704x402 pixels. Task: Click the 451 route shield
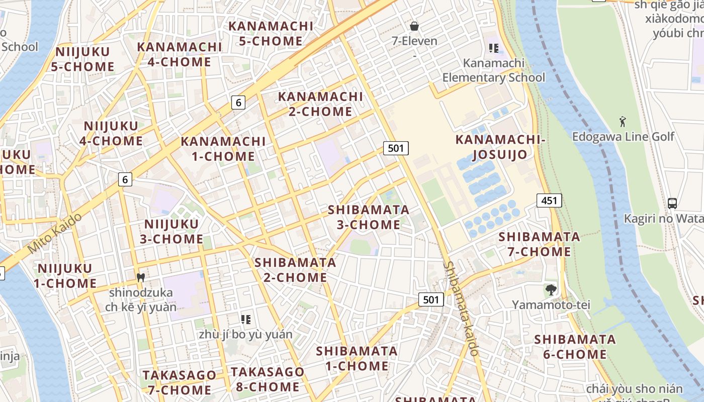click(x=549, y=200)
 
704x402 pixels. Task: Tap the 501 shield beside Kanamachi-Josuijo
click(x=396, y=148)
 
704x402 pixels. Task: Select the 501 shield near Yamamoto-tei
click(x=431, y=300)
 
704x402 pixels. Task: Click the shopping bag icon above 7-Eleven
click(x=414, y=26)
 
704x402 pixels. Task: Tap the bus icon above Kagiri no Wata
click(x=672, y=204)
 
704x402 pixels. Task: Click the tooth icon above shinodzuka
click(x=141, y=277)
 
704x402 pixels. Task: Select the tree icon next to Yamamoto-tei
click(x=551, y=289)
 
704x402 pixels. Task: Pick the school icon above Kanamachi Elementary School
click(x=493, y=48)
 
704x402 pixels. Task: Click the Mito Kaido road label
click(x=54, y=233)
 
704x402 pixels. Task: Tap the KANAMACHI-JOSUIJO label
click(x=499, y=147)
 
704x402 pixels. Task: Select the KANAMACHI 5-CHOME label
click(x=271, y=33)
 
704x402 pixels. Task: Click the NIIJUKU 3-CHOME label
click(x=171, y=231)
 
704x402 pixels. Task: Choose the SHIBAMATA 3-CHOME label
click(x=369, y=217)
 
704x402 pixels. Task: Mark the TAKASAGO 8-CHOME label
click(x=268, y=379)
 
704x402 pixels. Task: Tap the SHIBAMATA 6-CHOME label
click(x=575, y=347)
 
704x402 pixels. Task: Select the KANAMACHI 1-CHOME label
click(x=223, y=149)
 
